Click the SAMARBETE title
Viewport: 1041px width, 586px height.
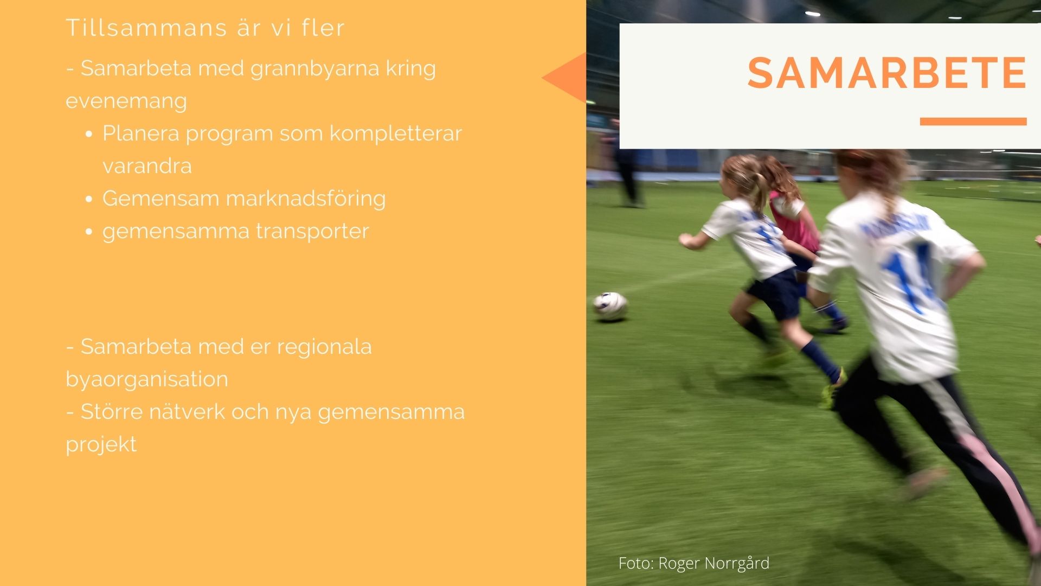click(x=887, y=73)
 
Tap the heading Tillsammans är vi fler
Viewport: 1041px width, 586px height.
click(x=205, y=28)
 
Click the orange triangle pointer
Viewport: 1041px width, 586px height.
click(x=564, y=78)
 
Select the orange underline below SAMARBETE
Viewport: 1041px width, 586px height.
click(x=973, y=122)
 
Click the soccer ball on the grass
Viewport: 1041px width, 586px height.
click(x=610, y=306)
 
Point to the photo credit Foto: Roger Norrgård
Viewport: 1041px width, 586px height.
click(x=694, y=563)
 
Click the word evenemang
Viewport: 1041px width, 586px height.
click(x=126, y=101)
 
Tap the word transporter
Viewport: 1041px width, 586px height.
click(x=312, y=232)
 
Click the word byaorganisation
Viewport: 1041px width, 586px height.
click(x=147, y=379)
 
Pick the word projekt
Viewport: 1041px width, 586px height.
click(x=101, y=445)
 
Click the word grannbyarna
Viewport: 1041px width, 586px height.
click(x=314, y=69)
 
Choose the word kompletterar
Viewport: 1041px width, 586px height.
click(x=396, y=133)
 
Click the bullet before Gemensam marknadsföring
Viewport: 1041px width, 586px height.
click(x=89, y=199)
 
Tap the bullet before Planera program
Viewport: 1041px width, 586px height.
click(x=89, y=134)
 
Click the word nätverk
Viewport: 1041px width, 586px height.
click(x=187, y=411)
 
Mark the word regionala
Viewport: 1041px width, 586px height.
click(x=324, y=347)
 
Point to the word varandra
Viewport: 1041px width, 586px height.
click(x=147, y=166)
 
